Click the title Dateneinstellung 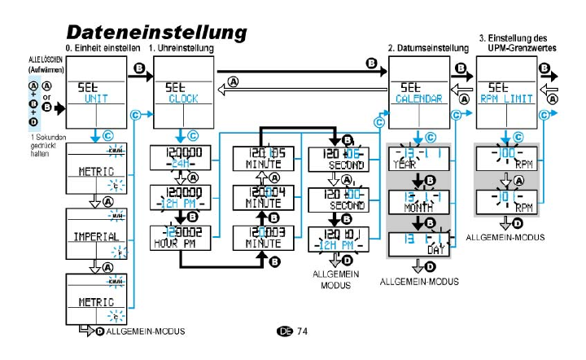click(x=155, y=32)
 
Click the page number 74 click(x=302, y=331)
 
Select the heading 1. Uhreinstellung click(x=181, y=49)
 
